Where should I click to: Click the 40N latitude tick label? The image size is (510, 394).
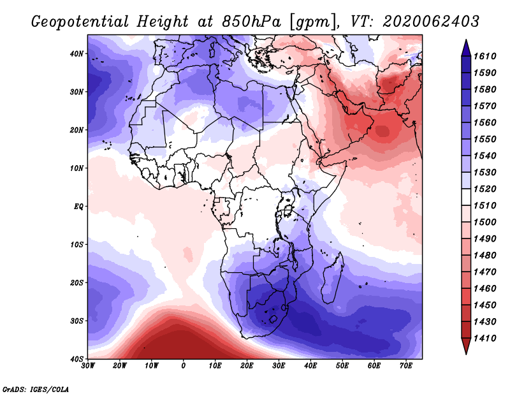(76, 54)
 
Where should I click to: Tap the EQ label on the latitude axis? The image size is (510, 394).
(77, 207)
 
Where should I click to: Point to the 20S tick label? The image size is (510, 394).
(76, 282)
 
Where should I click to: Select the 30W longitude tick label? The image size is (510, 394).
(88, 366)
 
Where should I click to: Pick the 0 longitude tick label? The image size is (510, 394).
(184, 366)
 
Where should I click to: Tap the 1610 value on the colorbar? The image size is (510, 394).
(487, 56)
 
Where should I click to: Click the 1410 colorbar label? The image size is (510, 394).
(487, 338)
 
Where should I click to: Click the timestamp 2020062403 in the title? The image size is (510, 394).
(431, 22)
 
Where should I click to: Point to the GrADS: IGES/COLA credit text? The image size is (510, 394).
(36, 388)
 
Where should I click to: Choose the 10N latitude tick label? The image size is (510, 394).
(76, 168)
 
